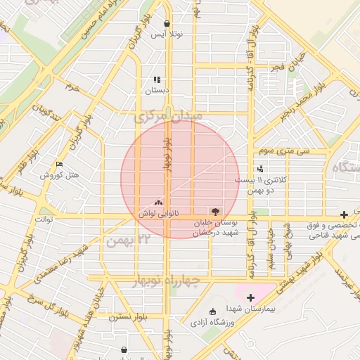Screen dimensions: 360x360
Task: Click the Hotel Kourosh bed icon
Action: [x=60, y=164]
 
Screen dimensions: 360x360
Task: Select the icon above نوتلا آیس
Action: [x=167, y=23]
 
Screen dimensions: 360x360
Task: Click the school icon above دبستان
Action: [x=157, y=79]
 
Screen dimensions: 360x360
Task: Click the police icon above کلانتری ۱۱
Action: [x=262, y=169]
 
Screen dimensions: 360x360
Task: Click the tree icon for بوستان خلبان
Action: [x=214, y=210]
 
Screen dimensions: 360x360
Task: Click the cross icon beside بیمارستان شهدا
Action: [x=250, y=297]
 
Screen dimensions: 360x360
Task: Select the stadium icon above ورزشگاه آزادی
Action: [x=214, y=311]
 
